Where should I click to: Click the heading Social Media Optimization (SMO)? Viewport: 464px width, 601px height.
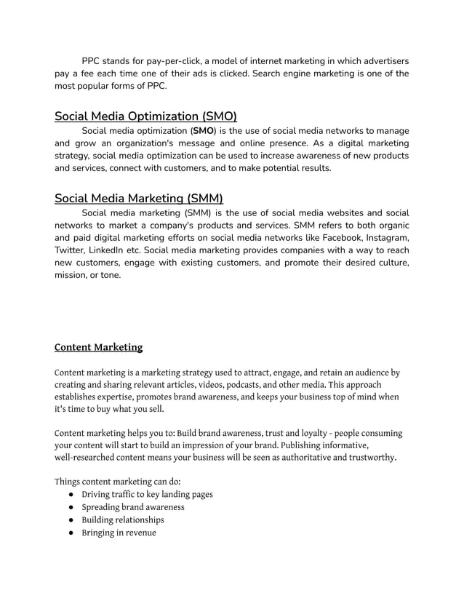(145, 116)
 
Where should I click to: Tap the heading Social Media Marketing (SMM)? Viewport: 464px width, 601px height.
(139, 198)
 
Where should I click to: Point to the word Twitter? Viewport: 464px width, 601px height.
(70, 250)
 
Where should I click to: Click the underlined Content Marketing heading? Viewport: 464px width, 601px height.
(98, 347)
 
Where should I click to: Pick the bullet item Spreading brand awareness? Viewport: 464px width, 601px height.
(132, 507)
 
